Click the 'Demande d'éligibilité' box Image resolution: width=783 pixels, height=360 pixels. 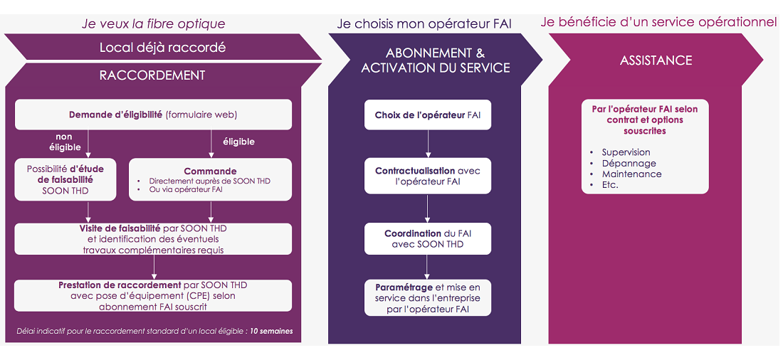pyautogui.click(x=153, y=115)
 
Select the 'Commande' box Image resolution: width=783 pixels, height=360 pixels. pyautogui.click(x=210, y=180)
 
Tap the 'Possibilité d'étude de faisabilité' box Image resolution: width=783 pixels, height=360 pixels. pyautogui.click(x=65, y=180)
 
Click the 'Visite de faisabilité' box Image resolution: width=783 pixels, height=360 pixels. pyautogui.click(x=153, y=238)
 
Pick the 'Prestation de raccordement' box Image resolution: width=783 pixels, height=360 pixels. pyautogui.click(x=153, y=295)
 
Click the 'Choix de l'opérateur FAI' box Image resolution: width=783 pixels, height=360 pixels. pyautogui.click(x=428, y=115)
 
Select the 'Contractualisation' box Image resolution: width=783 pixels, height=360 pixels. pyautogui.click(x=428, y=176)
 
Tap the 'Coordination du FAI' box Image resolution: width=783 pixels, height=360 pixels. pyautogui.click(x=428, y=238)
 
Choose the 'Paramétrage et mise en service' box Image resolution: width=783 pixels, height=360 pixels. pyautogui.click(x=428, y=297)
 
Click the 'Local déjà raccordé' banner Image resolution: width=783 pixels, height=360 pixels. pyautogui.click(x=163, y=48)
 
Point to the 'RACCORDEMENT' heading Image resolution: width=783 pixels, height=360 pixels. pyautogui.click(x=152, y=75)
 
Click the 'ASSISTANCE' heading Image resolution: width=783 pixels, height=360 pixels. pyautogui.click(x=656, y=60)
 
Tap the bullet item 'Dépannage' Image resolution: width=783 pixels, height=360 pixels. pyautogui.click(x=629, y=163)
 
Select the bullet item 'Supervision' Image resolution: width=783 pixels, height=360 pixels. pyautogui.click(x=626, y=152)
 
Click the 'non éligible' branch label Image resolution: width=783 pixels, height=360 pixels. pyautogui.click(x=64, y=142)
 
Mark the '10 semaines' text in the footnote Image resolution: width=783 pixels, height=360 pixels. pyautogui.click(x=272, y=331)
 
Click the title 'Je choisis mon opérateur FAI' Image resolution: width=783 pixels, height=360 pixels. pyautogui.click(x=424, y=23)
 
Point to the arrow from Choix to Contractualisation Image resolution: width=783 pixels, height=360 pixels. pyautogui.click(x=428, y=144)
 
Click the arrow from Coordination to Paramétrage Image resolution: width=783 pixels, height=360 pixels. pyautogui.click(x=428, y=267)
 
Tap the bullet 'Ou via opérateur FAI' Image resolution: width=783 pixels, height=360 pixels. pyautogui.click(x=181, y=190)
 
